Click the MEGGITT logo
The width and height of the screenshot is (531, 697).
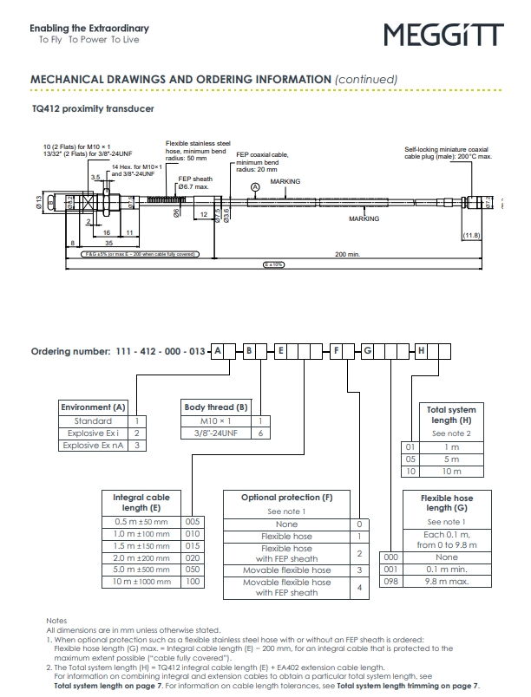(x=443, y=35)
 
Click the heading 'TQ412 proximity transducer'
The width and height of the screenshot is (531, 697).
(x=93, y=109)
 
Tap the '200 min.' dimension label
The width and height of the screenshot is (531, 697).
(x=346, y=254)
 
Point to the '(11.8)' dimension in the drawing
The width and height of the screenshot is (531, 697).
(x=471, y=235)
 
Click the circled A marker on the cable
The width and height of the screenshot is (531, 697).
(x=255, y=186)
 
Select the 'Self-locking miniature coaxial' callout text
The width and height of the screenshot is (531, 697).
(x=447, y=149)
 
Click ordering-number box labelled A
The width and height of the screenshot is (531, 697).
(x=218, y=351)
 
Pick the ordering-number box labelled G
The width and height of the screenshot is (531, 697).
(x=367, y=351)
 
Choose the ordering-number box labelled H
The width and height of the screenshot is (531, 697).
(x=422, y=351)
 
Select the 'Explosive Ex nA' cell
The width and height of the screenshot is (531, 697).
(x=94, y=445)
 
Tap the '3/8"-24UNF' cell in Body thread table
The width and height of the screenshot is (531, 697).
(x=216, y=433)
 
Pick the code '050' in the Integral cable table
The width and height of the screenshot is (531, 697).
(x=193, y=570)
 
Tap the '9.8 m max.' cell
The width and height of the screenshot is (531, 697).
(x=447, y=582)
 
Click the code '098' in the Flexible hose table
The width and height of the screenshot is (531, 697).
(x=391, y=582)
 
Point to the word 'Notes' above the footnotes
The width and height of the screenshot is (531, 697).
(x=56, y=621)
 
